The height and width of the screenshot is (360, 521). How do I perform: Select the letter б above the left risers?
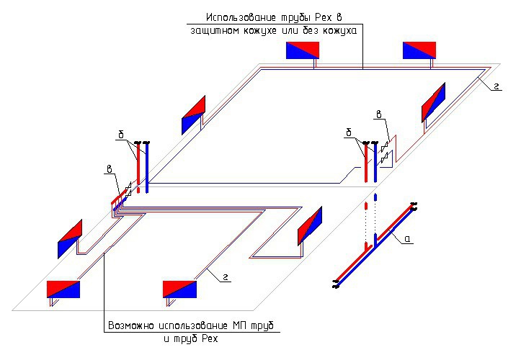(x=122, y=134)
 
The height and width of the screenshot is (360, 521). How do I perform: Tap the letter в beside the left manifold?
(x=109, y=170)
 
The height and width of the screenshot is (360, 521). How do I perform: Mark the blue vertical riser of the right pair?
(x=375, y=164)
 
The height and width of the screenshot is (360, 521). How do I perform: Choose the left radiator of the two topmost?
(x=303, y=50)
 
